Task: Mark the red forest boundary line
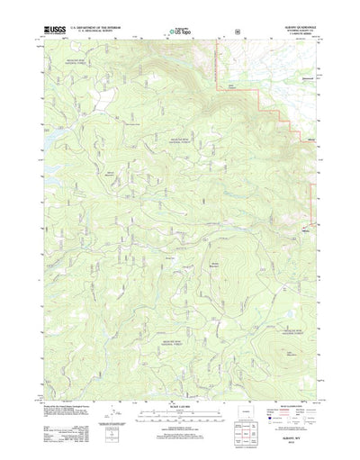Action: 261,95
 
